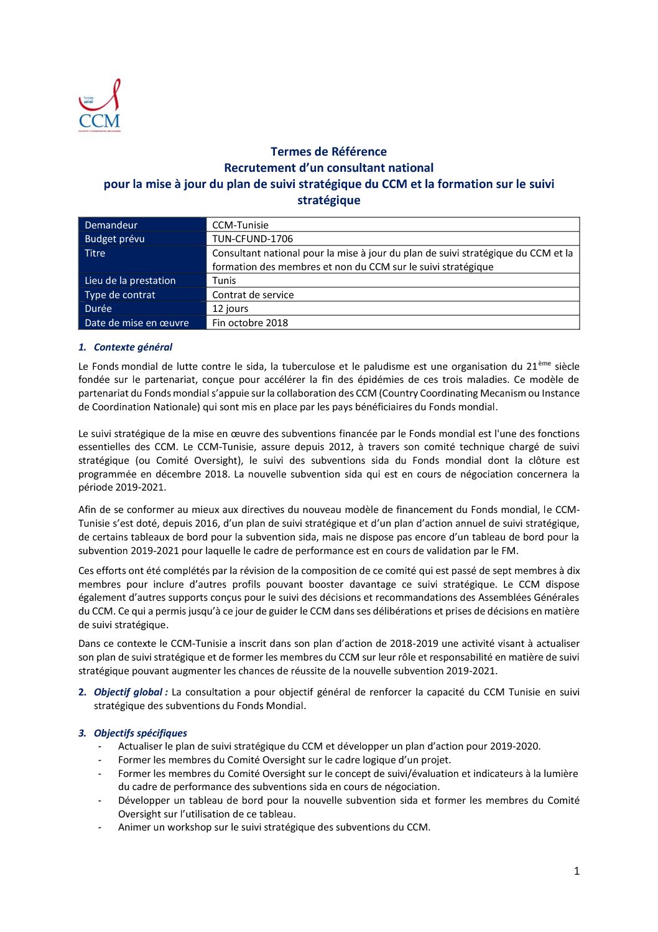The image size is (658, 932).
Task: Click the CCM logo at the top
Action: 100,106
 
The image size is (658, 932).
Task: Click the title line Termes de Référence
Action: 328,151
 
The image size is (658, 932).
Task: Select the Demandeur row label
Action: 111,225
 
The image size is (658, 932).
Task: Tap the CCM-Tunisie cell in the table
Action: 240,225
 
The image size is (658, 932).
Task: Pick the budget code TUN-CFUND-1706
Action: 253,238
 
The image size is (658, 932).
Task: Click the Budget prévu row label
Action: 114,238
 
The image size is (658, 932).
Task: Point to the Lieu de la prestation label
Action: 130,280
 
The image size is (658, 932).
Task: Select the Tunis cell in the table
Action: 224,280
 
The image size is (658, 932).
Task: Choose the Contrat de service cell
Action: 253,294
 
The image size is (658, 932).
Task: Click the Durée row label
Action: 98,308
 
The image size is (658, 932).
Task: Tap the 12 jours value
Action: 230,308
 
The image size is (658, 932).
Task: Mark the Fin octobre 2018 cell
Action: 250,322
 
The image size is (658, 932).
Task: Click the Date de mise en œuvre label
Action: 137,322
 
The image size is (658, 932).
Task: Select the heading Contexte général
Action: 132,347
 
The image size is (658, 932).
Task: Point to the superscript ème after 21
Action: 545,363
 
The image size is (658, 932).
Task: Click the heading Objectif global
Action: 131,692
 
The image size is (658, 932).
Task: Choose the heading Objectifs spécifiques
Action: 140,733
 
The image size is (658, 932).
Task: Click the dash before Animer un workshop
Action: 100,827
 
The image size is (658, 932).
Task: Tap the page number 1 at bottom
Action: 577,871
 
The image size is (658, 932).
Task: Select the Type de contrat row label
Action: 120,294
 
